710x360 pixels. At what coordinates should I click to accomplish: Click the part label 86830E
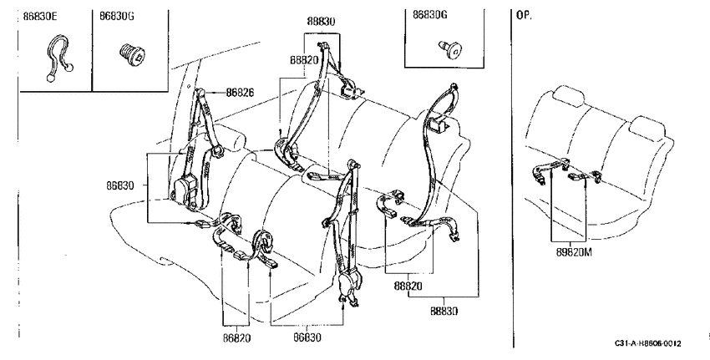coord(40,17)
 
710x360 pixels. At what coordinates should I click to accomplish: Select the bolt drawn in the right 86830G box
coord(449,48)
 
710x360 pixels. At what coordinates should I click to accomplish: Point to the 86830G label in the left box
coord(117,17)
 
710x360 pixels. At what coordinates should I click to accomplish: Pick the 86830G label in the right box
coord(429,14)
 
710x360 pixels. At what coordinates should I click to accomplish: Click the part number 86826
coord(240,93)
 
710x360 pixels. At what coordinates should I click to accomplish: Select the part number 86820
coord(236,337)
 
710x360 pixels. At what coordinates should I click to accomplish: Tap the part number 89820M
coord(574,252)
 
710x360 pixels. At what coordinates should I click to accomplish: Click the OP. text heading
coord(525,15)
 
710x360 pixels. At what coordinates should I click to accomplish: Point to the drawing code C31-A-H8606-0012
coord(647,343)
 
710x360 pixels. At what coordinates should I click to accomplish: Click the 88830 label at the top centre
coord(321,21)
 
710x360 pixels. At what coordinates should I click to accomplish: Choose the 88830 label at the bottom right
coord(444,311)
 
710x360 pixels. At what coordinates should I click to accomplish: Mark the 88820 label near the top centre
coord(305,60)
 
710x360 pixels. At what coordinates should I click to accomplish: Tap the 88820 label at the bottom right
coord(408,286)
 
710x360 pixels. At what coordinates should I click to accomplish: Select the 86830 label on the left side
coord(120,185)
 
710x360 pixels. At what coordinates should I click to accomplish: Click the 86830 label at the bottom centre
coord(307,337)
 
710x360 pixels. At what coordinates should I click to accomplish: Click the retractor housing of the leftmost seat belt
coord(185,191)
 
